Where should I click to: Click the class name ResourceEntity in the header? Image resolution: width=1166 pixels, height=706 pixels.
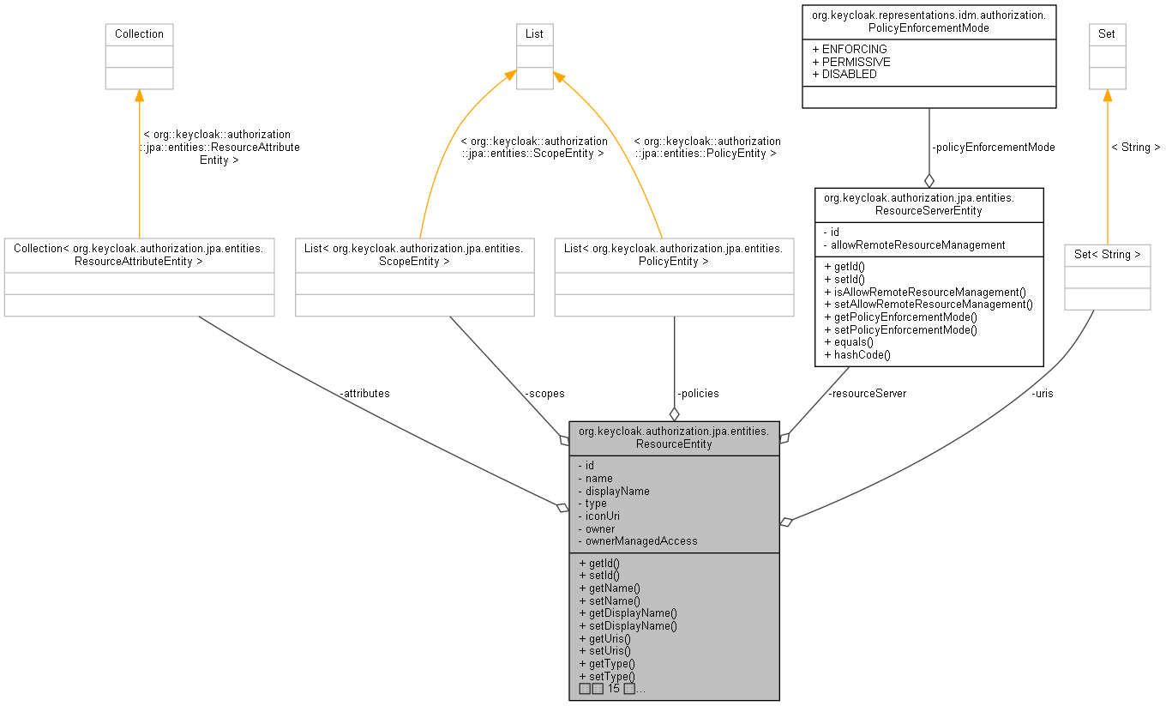click(x=674, y=444)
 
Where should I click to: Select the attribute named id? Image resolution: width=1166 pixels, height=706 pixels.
click(x=590, y=466)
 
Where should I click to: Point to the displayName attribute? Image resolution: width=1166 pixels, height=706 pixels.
click(x=617, y=492)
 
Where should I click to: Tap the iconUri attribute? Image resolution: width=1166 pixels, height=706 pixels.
click(x=603, y=516)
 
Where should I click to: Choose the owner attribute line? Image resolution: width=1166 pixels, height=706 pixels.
click(x=600, y=529)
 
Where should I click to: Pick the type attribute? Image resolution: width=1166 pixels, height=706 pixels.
click(x=596, y=504)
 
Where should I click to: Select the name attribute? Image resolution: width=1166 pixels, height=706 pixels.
click(x=598, y=479)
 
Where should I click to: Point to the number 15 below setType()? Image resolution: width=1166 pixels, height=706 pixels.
click(x=613, y=689)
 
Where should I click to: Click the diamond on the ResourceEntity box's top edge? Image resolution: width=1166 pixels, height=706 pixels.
click(x=674, y=414)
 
